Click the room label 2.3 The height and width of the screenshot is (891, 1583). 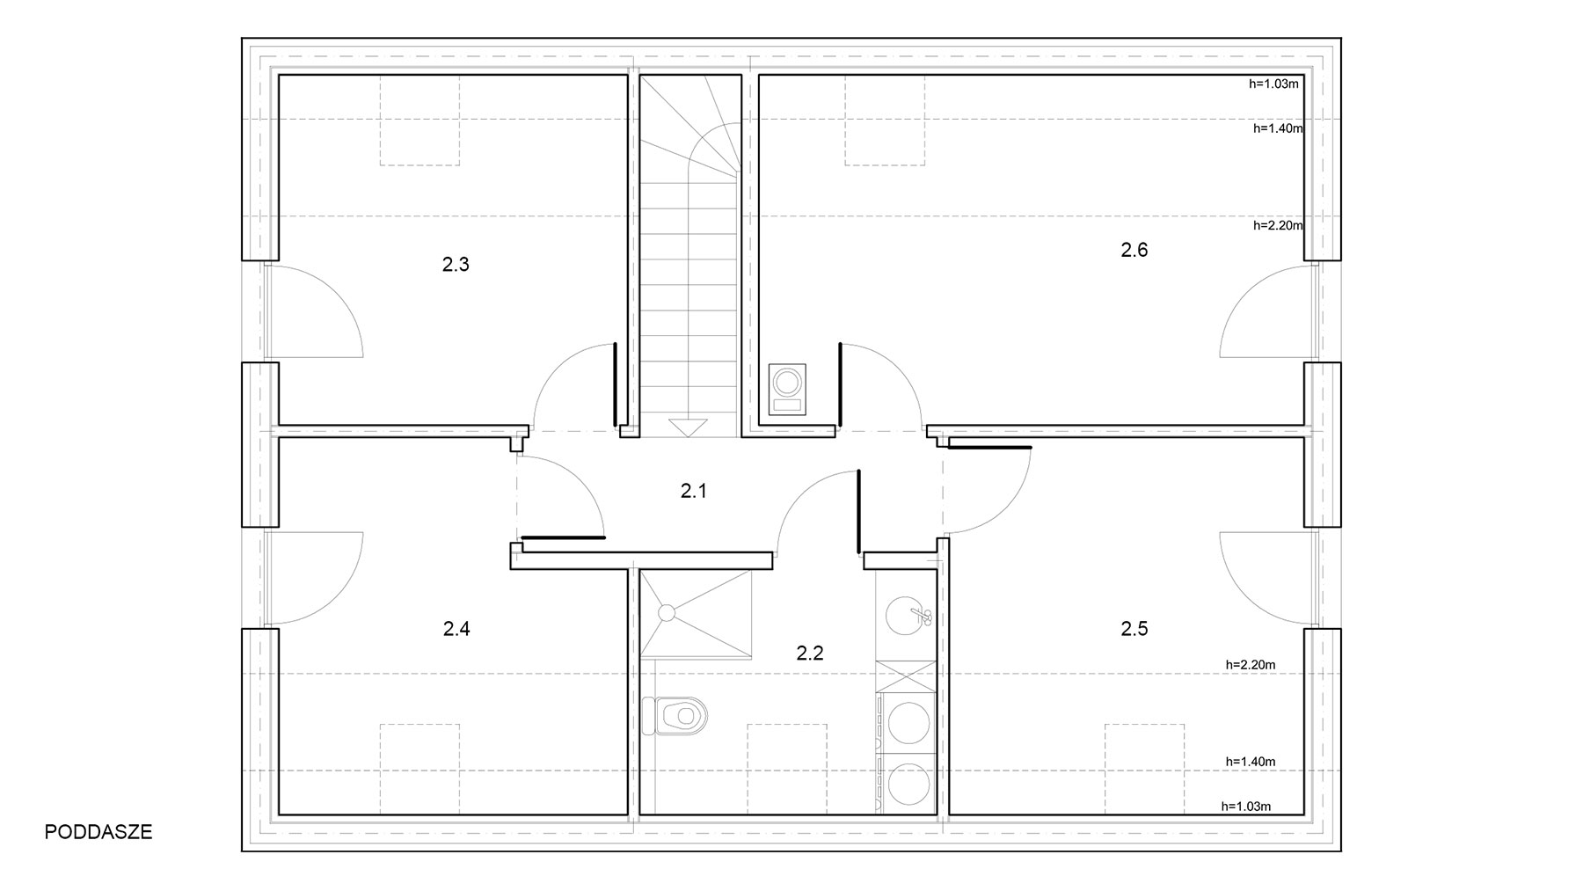456,264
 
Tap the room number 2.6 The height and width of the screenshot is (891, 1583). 1134,250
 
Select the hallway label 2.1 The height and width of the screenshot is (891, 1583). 694,491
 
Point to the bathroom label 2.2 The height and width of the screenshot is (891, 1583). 810,653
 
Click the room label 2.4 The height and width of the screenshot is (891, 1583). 456,628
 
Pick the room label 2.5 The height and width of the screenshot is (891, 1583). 1134,628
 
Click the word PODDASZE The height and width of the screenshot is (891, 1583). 98,832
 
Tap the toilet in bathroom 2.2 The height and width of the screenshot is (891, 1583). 675,715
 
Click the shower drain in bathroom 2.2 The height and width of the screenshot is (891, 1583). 667,611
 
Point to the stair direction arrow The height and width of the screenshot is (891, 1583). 689,427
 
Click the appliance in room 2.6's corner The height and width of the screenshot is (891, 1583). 786,388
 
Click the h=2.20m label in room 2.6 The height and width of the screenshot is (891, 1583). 1278,225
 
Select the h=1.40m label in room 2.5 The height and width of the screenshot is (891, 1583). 1251,762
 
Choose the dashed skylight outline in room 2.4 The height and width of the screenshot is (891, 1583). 419,768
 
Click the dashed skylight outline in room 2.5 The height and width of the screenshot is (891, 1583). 1144,768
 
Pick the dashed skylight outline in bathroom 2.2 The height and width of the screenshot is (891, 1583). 787,768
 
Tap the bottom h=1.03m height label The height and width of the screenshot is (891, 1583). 1247,806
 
